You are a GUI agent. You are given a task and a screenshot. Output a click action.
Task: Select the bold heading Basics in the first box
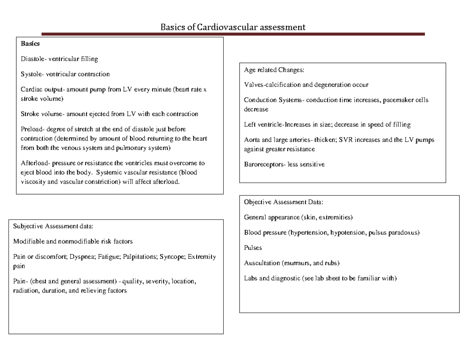pyautogui.click(x=30, y=44)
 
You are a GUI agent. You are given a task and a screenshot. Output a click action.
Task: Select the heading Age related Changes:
pyautogui.click(x=274, y=70)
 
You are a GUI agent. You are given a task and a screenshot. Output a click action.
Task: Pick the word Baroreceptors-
pyautogui.click(x=265, y=165)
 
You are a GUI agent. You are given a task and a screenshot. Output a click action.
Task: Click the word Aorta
pyautogui.click(x=252, y=140)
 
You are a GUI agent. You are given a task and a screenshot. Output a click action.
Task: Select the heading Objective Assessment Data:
pyautogui.click(x=283, y=202)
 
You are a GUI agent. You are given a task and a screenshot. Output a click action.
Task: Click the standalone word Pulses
pyautogui.click(x=253, y=248)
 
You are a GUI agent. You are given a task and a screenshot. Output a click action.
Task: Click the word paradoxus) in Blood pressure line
pyautogui.click(x=405, y=233)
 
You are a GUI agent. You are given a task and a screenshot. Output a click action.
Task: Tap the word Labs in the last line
pyautogui.click(x=250, y=278)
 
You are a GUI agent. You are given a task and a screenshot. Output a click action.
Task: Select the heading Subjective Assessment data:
pyautogui.click(x=53, y=226)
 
